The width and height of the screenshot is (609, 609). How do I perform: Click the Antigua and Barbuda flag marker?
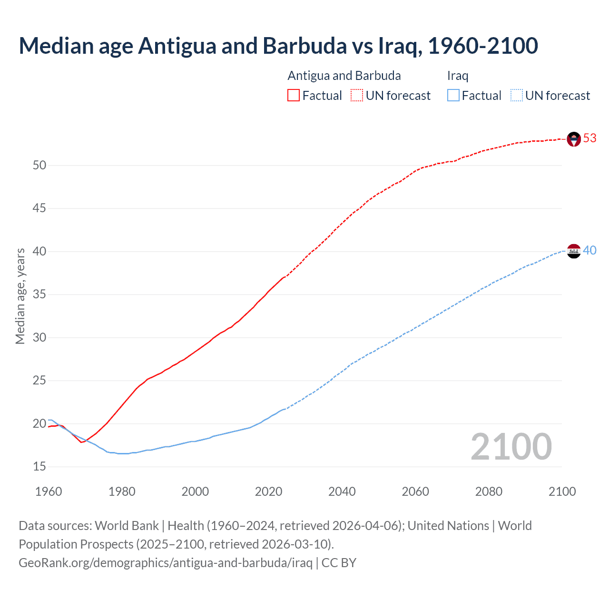click(574, 139)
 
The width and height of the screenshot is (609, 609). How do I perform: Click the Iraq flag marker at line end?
click(574, 251)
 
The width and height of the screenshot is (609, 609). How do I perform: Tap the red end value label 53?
click(589, 138)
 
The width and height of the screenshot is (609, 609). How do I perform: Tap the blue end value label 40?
click(589, 250)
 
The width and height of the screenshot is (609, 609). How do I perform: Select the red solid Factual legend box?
click(294, 96)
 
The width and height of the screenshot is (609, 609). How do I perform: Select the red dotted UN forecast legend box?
click(357, 96)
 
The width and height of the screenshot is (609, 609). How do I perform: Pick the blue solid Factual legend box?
click(453, 96)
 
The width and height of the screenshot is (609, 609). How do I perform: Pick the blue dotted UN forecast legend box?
click(516, 96)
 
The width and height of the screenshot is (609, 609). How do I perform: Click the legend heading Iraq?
click(458, 76)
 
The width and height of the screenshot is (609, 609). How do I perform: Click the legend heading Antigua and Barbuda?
click(344, 76)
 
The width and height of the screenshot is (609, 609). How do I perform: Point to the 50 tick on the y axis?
click(39, 166)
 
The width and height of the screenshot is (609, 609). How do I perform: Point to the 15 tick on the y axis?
click(39, 467)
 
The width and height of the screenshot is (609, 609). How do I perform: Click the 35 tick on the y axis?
click(39, 295)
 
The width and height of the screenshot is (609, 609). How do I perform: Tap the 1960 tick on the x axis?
click(49, 491)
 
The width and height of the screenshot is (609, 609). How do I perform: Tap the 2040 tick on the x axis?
click(342, 491)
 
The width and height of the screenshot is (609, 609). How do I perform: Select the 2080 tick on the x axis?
click(489, 491)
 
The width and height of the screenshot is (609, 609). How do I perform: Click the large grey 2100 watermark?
click(511, 447)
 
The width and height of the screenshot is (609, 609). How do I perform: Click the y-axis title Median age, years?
click(20, 296)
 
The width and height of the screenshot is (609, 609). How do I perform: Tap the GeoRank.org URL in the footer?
click(165, 563)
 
